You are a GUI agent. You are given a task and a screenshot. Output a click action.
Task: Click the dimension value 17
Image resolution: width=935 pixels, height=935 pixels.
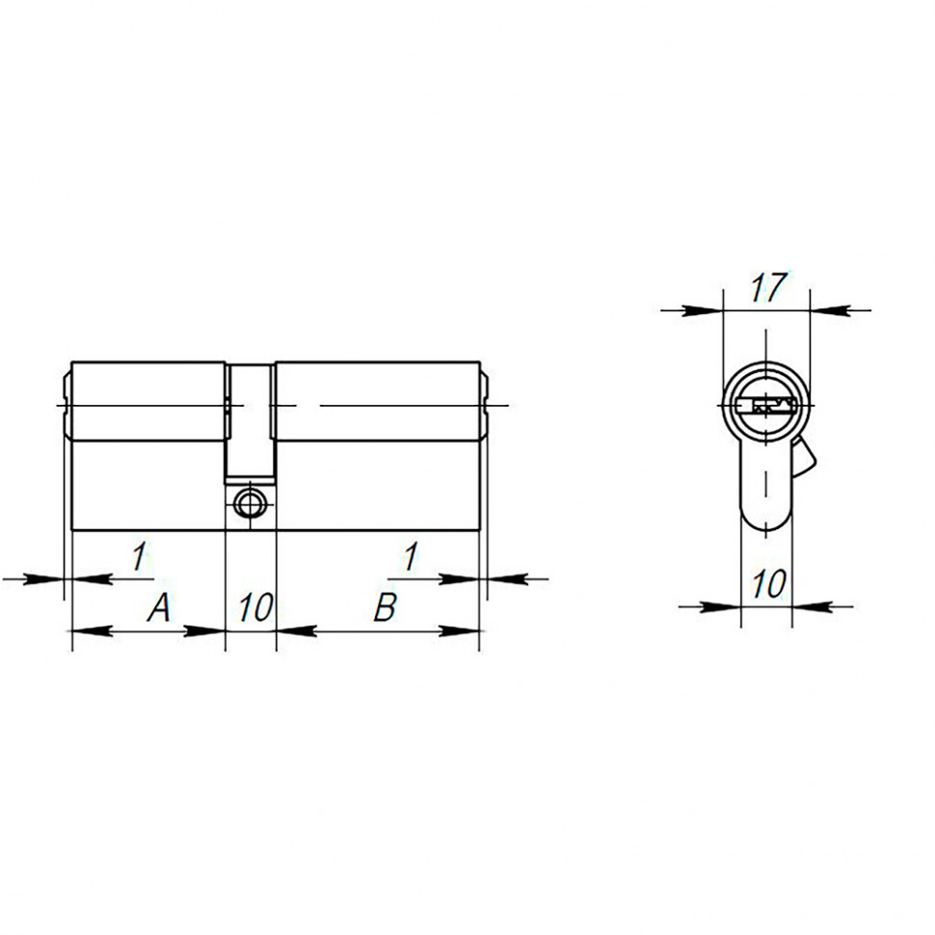click(x=766, y=288)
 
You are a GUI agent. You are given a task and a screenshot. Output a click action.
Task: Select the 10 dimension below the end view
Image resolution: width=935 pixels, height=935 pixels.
click(x=768, y=584)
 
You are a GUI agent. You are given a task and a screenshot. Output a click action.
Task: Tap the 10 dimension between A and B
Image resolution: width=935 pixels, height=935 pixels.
click(x=254, y=607)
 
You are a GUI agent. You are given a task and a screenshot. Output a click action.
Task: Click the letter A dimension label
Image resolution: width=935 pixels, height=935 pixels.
click(x=159, y=607)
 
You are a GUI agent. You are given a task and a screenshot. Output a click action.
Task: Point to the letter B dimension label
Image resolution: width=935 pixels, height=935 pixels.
click(x=385, y=607)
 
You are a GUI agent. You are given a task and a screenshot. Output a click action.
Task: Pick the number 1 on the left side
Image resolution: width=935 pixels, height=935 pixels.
click(x=138, y=556)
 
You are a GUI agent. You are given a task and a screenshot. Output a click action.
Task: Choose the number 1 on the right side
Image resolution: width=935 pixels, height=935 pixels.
click(x=411, y=556)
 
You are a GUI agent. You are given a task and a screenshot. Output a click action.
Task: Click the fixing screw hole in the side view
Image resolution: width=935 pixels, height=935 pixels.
click(x=250, y=501)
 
